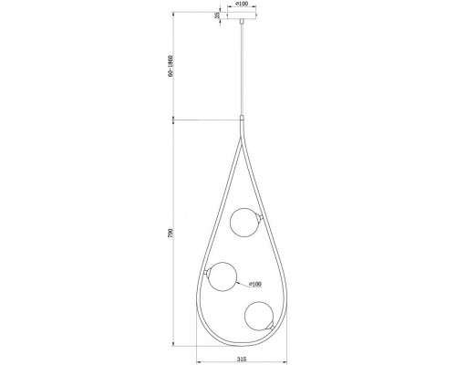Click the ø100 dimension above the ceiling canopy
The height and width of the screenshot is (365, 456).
(x=242, y=5)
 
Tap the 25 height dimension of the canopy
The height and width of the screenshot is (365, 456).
(x=217, y=15)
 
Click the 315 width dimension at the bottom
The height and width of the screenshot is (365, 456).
(x=241, y=359)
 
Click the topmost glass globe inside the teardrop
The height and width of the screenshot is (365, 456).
(x=243, y=222)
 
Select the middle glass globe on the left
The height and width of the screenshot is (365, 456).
(x=222, y=276)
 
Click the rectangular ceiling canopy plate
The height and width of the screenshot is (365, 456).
(x=242, y=16)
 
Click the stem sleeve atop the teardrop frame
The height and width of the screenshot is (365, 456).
(x=242, y=121)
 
